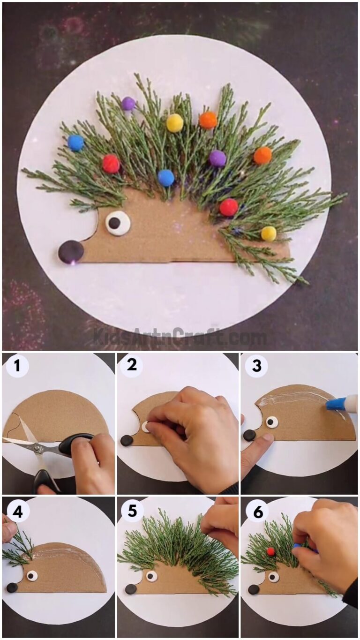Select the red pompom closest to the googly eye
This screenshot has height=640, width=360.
point(111,164)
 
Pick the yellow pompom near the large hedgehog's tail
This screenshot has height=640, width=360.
point(269,233)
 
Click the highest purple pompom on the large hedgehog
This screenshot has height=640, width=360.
point(128,104)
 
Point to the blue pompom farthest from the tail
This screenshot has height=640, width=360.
point(75,143)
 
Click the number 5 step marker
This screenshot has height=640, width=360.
point(132,511)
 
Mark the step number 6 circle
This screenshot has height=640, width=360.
point(257,512)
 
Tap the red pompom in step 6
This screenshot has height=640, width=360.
point(270,551)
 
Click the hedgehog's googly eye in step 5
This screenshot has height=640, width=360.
point(151,576)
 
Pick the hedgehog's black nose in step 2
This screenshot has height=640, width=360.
point(127,440)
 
